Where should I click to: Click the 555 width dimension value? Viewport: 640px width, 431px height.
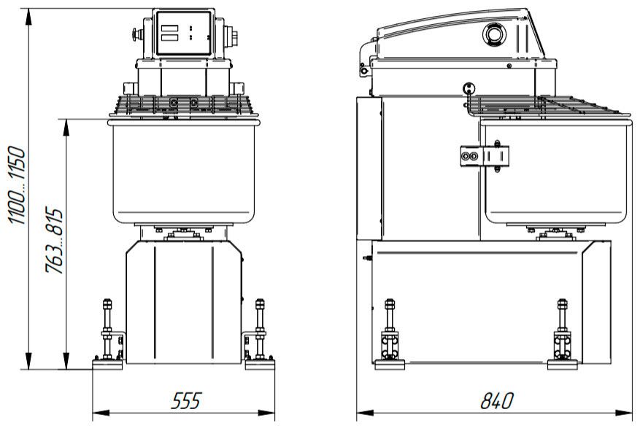tap(186, 401)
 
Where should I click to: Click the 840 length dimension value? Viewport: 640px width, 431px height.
tap(497, 401)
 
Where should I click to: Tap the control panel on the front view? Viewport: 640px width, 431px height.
tap(184, 33)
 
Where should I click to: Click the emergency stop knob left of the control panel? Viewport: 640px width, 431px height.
tap(136, 34)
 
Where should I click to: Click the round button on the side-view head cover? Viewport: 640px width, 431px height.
tap(494, 34)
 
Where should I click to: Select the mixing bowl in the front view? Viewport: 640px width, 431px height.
tap(184, 171)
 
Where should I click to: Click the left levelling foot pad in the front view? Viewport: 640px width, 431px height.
tap(107, 364)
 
